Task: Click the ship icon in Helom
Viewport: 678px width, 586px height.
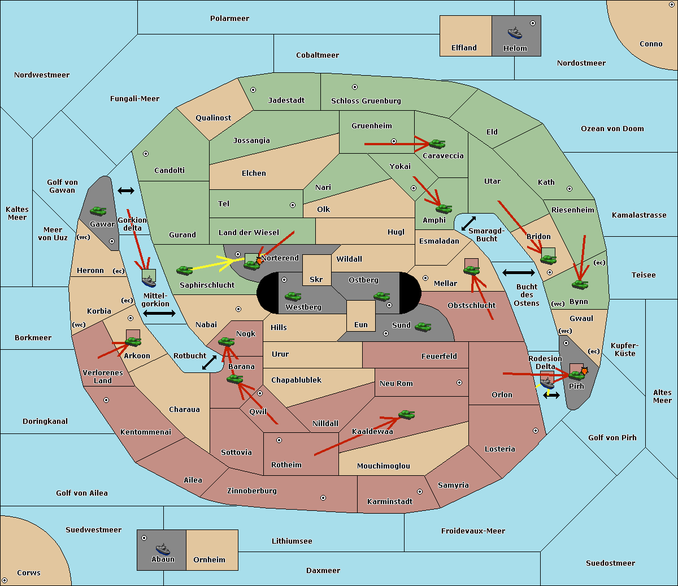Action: click(515, 33)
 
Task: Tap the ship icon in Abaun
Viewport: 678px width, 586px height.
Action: click(163, 549)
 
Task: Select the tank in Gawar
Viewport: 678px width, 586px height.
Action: click(98, 211)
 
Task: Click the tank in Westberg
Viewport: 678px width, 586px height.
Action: click(293, 296)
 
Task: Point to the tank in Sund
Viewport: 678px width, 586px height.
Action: click(423, 327)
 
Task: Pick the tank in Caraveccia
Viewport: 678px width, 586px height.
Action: click(437, 144)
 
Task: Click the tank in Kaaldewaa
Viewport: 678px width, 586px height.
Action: click(406, 414)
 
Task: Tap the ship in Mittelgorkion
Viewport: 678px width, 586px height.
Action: click(149, 281)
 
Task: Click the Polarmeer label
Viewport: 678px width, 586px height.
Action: click(229, 19)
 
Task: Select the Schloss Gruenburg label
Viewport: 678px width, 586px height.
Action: click(366, 101)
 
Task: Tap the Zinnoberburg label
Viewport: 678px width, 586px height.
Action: click(252, 490)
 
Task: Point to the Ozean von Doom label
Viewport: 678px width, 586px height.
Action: click(612, 129)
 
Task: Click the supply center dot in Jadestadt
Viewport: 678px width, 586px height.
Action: click(253, 90)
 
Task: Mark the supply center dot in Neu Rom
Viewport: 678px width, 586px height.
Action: click(459, 383)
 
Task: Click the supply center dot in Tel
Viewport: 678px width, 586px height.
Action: click(293, 205)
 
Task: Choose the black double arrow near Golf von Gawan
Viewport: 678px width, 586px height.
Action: click(126, 190)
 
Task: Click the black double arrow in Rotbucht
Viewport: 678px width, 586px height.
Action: click(209, 362)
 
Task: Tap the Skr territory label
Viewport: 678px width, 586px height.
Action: click(316, 279)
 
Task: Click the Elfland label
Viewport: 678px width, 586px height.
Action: click(464, 48)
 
